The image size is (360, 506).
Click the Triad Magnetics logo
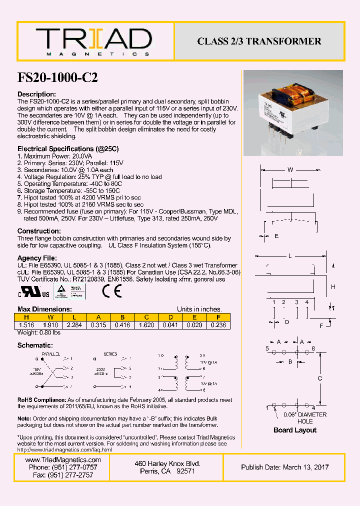click(x=93, y=41)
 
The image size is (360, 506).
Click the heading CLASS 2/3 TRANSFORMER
click(x=259, y=41)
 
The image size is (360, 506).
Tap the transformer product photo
click(x=293, y=113)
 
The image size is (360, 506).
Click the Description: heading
click(x=36, y=94)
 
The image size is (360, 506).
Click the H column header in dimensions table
click(x=26, y=317)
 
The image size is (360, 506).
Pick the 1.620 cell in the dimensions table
click(x=146, y=324)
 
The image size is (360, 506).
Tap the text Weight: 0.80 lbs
click(x=38, y=332)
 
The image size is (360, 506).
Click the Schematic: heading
click(x=35, y=345)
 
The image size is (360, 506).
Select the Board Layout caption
click(x=295, y=430)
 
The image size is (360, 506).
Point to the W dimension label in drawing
click(x=290, y=170)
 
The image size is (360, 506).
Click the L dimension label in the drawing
click(x=289, y=256)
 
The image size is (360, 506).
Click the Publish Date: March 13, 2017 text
click(x=285, y=467)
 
